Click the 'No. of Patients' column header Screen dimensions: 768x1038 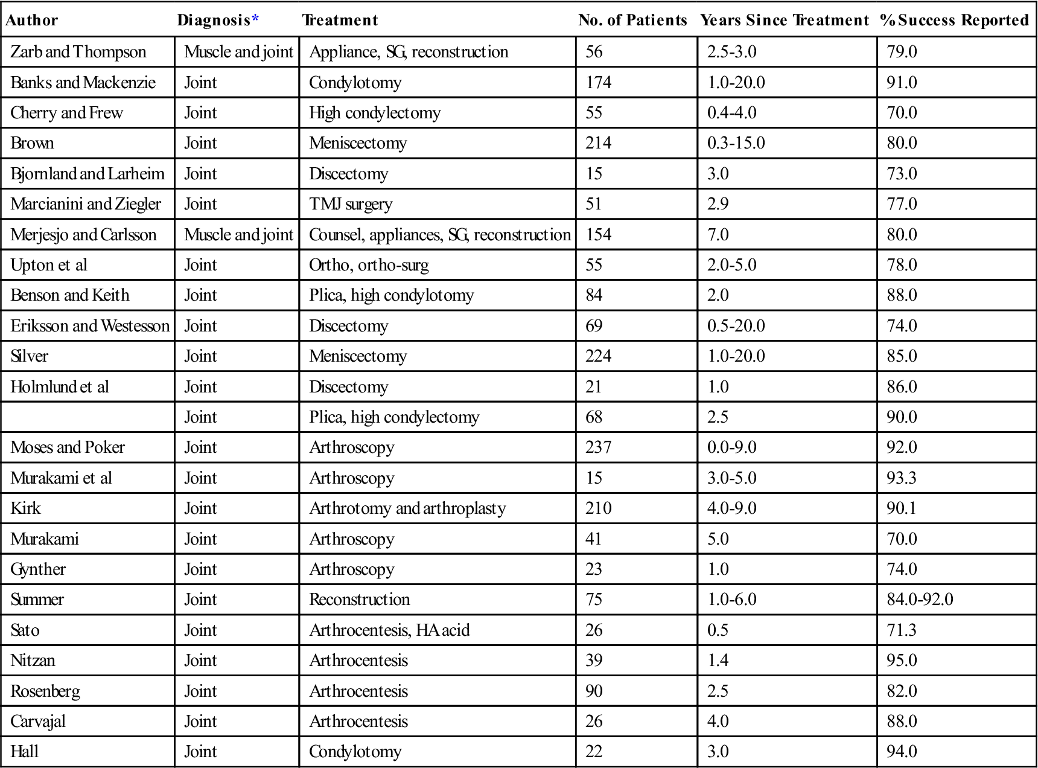[632, 21]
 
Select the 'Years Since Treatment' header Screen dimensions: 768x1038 [784, 21]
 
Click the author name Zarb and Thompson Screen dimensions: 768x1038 [78, 52]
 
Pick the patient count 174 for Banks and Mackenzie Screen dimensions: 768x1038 [598, 82]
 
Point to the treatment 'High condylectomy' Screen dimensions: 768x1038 [375, 113]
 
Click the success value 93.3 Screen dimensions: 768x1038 [902, 478]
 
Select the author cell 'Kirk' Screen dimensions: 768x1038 [25, 508]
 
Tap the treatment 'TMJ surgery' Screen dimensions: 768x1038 [351, 204]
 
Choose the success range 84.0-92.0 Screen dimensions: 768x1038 [920, 600]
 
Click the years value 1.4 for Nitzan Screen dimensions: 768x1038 [718, 661]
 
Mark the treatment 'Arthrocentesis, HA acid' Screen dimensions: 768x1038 [389, 630]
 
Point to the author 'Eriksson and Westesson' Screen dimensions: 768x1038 [90, 326]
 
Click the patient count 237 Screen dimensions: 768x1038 [598, 447]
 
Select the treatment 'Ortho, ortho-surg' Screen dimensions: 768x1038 [369, 265]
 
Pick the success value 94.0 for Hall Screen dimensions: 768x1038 [902, 752]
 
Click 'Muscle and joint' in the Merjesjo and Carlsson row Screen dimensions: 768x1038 [238, 234]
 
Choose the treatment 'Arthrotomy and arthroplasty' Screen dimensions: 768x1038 [407, 508]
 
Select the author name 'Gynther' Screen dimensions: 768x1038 [38, 569]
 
